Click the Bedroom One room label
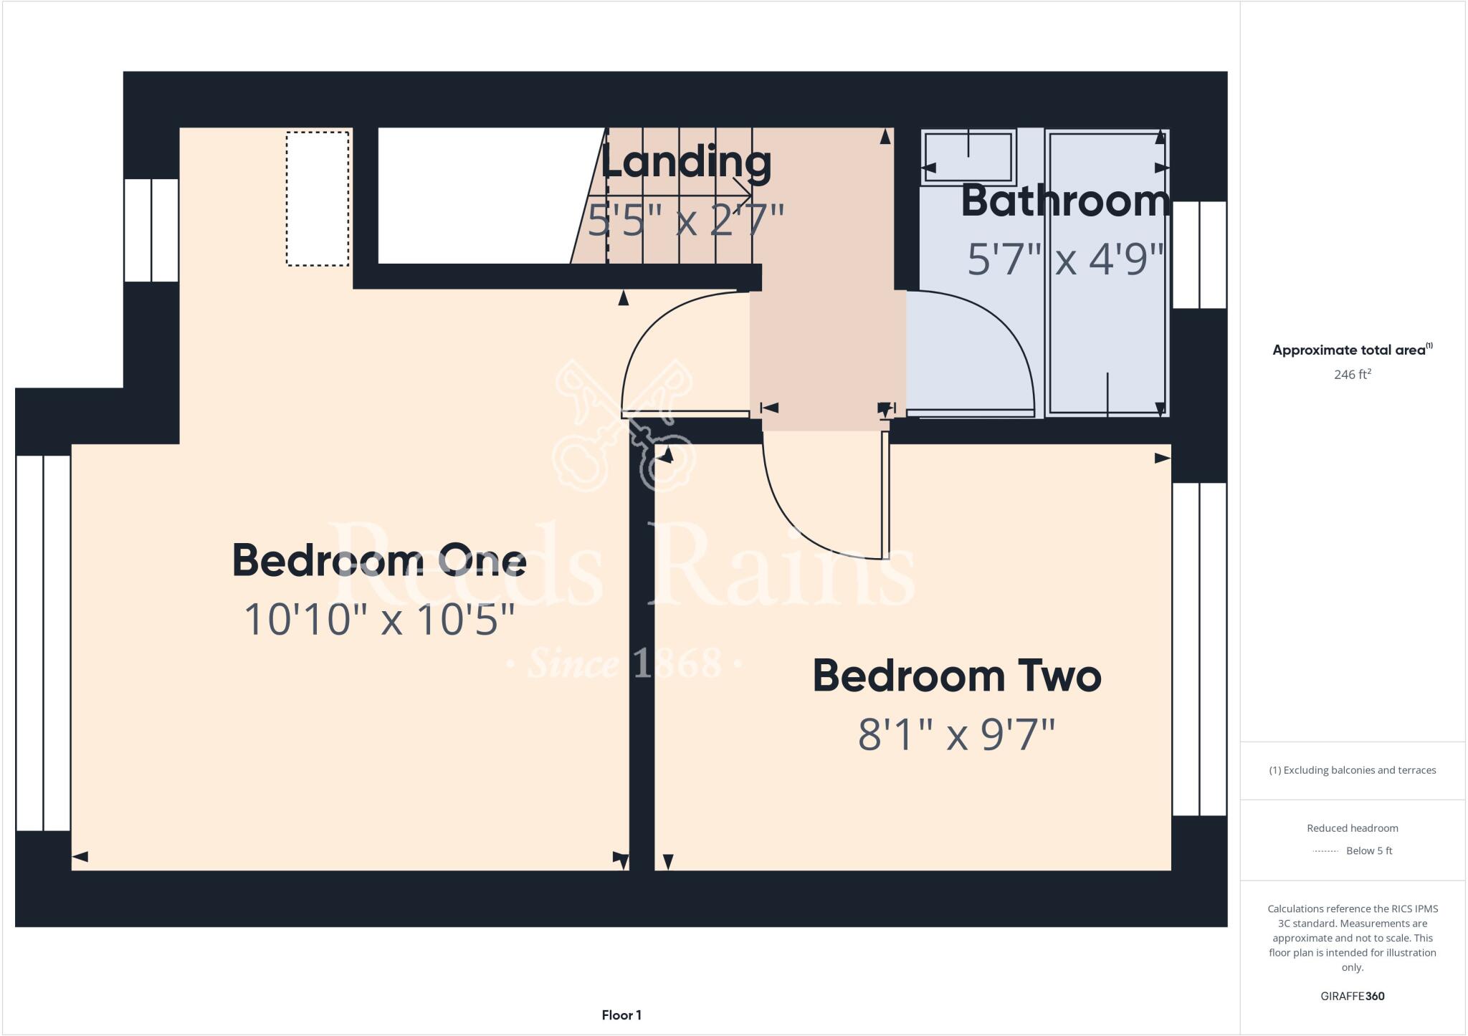379,560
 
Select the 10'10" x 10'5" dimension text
379,620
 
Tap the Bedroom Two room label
956,676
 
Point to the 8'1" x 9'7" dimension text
956,735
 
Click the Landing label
685,163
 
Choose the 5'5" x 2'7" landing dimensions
685,220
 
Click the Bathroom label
1065,201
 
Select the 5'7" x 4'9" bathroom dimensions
1065,259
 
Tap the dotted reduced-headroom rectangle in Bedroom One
318,198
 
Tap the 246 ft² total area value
1352,375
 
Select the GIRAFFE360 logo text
1352,996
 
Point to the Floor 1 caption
621,1015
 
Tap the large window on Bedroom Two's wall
1199,649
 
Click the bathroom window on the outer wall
1199,254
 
